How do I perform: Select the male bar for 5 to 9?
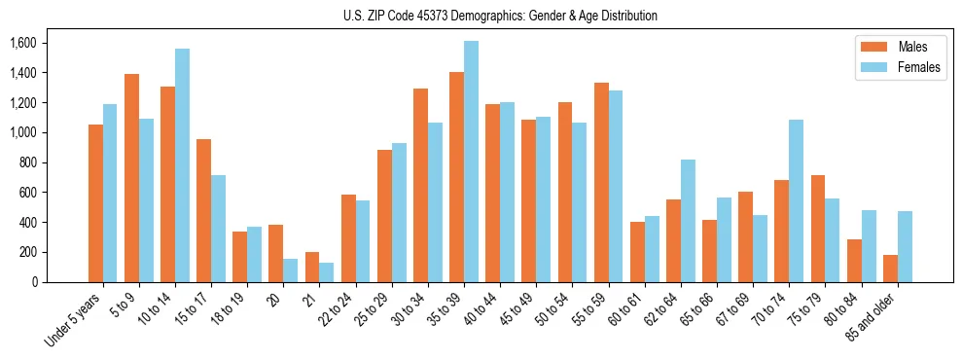tap(131, 178)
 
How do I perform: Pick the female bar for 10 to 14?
tap(182, 165)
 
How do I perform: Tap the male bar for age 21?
tap(312, 267)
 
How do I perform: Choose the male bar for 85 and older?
tap(890, 269)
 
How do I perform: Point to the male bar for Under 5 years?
tap(95, 203)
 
